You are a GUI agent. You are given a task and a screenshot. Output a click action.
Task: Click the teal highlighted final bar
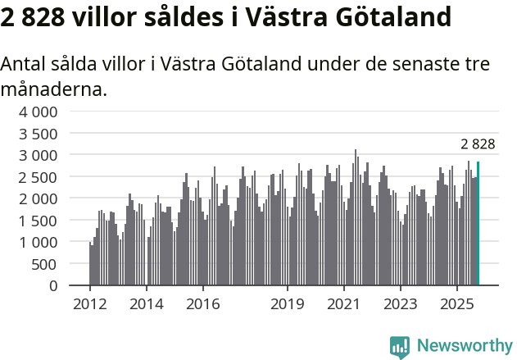click(478, 223)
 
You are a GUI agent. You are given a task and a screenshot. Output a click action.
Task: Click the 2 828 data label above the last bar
click(478, 144)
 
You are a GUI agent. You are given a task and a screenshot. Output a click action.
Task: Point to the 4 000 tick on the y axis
click(39, 112)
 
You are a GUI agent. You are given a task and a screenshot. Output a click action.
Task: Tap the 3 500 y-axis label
click(39, 134)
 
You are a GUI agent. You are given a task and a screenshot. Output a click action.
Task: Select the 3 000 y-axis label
click(39, 155)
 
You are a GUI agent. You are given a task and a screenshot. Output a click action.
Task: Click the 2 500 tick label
click(39, 177)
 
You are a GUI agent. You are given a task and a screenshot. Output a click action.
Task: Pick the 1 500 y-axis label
click(39, 221)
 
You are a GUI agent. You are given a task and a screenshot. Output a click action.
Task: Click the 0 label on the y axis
click(52, 286)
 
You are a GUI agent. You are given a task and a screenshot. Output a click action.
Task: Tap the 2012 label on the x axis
click(89, 304)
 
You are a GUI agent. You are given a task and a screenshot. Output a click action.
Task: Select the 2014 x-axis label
click(146, 304)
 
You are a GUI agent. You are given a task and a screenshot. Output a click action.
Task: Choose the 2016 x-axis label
click(202, 304)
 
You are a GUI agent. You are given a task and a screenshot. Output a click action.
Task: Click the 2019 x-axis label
click(288, 304)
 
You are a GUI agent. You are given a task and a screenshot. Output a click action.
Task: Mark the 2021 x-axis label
click(344, 304)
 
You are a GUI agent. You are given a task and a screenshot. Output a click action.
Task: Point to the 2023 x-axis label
click(401, 304)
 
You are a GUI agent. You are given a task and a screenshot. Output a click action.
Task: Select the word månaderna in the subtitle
click(53, 89)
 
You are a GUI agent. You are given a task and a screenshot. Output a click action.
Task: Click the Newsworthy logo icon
click(400, 346)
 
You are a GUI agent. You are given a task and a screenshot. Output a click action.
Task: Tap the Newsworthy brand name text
click(464, 346)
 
